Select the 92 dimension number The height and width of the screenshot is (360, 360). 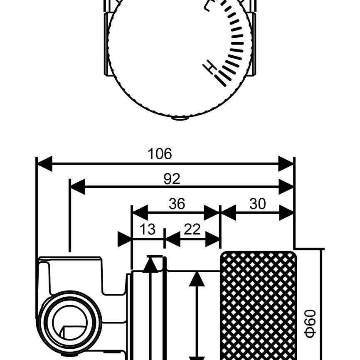(172, 179)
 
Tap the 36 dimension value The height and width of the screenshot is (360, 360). (177, 204)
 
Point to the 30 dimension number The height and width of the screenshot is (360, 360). (257, 204)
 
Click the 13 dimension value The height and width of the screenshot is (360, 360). (148, 229)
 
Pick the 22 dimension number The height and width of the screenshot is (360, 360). (192, 229)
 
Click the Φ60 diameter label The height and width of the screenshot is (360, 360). (311, 324)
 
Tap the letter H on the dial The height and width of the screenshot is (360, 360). (210, 67)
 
